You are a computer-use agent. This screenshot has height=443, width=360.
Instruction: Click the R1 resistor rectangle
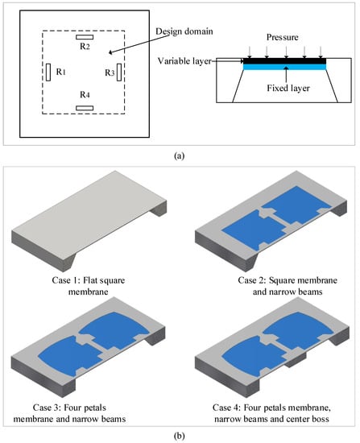[48, 72]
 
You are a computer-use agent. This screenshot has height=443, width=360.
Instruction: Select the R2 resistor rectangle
[85, 37]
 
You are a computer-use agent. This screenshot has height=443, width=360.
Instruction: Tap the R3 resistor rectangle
[119, 72]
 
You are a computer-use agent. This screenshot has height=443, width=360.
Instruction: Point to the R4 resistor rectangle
[85, 108]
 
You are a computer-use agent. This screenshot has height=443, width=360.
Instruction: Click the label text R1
[60, 72]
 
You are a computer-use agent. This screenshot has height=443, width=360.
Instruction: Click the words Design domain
[184, 31]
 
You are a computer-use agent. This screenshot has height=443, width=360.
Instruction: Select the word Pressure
[283, 37]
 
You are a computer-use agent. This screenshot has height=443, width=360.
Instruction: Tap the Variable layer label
[184, 61]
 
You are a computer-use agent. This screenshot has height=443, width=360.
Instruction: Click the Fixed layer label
[288, 88]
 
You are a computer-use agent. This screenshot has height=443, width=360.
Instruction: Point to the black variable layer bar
[284, 61]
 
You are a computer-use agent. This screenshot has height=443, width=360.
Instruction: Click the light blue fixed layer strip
[284, 67]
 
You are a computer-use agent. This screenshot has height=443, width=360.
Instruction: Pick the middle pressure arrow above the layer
[286, 52]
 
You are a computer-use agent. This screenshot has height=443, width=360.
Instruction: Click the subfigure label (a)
[180, 155]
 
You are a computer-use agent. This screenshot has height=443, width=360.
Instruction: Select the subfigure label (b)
[180, 436]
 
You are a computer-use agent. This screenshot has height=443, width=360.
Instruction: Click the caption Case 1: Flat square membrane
[88, 286]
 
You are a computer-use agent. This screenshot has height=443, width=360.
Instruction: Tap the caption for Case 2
[288, 286]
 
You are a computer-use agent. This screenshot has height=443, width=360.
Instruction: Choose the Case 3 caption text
[69, 412]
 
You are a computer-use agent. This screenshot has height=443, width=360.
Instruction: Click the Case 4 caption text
[271, 412]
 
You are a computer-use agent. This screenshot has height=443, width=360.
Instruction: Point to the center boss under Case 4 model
[296, 360]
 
